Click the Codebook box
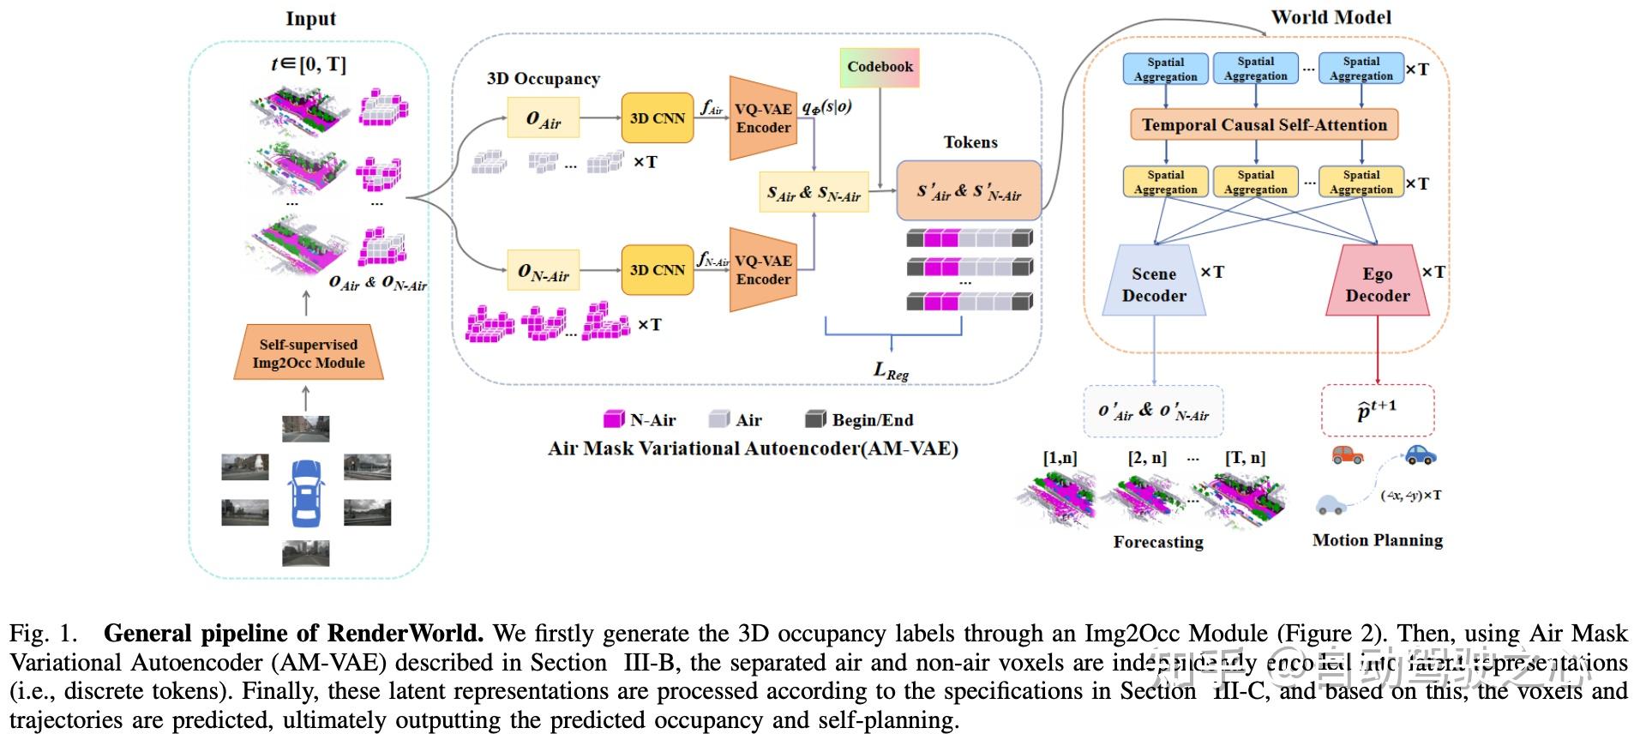[880, 67]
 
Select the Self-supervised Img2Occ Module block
[309, 353]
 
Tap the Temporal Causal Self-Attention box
[1264, 125]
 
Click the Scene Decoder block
[1154, 282]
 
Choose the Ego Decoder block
[1377, 282]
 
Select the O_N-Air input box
[543, 271]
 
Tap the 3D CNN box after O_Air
[658, 118]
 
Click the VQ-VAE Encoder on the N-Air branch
[762, 270]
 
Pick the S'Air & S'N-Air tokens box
[969, 191]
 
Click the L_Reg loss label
[891, 370]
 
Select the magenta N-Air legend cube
[614, 419]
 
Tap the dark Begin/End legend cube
[815, 419]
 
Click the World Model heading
[1331, 17]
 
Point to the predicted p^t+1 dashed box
[1377, 410]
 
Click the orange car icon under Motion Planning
[1347, 454]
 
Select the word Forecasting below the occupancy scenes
[1158, 542]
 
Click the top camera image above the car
[306, 428]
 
